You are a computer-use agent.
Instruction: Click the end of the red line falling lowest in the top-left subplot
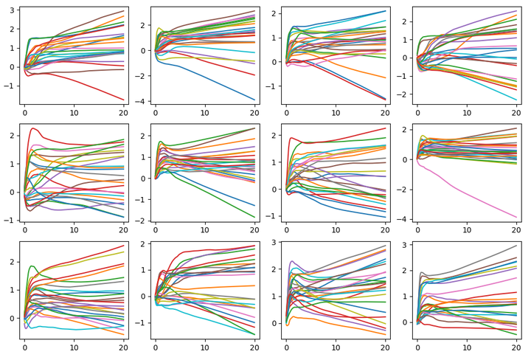(123, 99)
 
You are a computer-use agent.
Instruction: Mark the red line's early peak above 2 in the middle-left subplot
(33, 128)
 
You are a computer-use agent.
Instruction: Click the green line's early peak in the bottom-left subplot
(32, 266)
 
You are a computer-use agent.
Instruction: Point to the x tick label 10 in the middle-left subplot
(74, 228)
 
